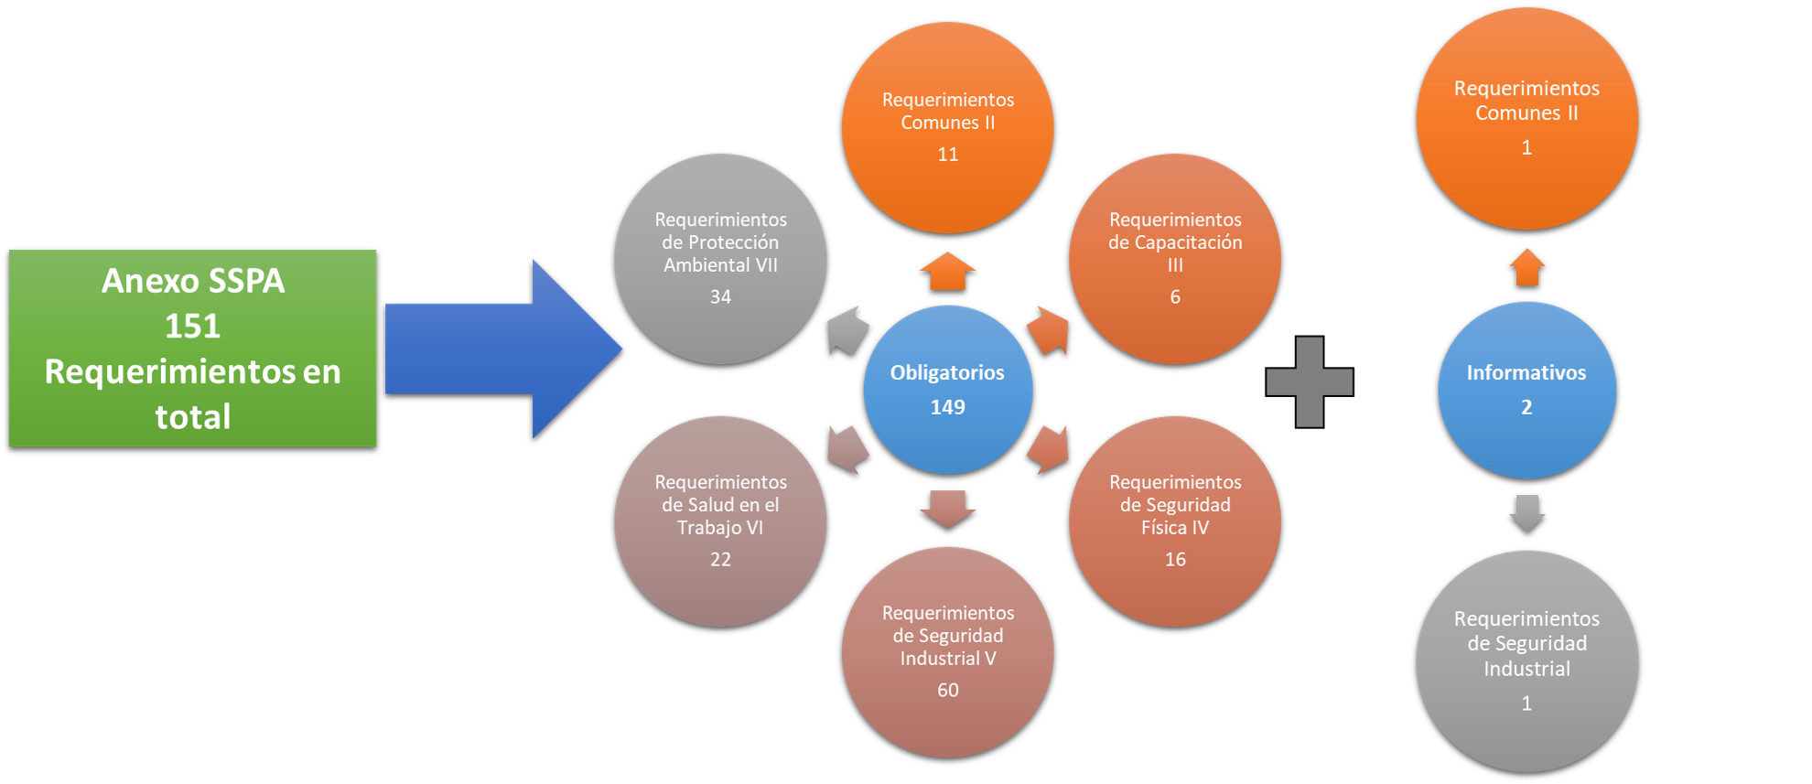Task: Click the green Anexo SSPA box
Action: pyautogui.click(x=192, y=348)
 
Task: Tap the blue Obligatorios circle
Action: pyautogui.click(x=948, y=390)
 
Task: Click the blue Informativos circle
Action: pyautogui.click(x=1526, y=390)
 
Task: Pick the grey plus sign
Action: pyautogui.click(x=1310, y=381)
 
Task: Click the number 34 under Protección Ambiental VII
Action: pyautogui.click(x=720, y=297)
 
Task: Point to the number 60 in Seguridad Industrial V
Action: pyautogui.click(x=948, y=691)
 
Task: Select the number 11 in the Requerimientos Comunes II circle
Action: pyautogui.click(x=948, y=155)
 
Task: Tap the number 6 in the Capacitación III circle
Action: pyautogui.click(x=1175, y=297)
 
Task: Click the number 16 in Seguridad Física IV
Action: pyautogui.click(x=1175, y=560)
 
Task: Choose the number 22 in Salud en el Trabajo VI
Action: pyautogui.click(x=720, y=560)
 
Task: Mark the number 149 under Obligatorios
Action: pyautogui.click(x=948, y=407)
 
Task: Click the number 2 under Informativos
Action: pyautogui.click(x=1526, y=407)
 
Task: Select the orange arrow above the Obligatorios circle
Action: pyautogui.click(x=948, y=271)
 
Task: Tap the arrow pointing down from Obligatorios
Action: pyautogui.click(x=948, y=508)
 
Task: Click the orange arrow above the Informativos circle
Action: pyautogui.click(x=1526, y=267)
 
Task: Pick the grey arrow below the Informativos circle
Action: pyautogui.click(x=1526, y=512)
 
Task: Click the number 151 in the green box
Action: pyautogui.click(x=192, y=327)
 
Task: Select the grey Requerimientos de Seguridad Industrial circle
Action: pyautogui.click(x=1526, y=660)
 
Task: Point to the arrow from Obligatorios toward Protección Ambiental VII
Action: pyautogui.click(x=847, y=330)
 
